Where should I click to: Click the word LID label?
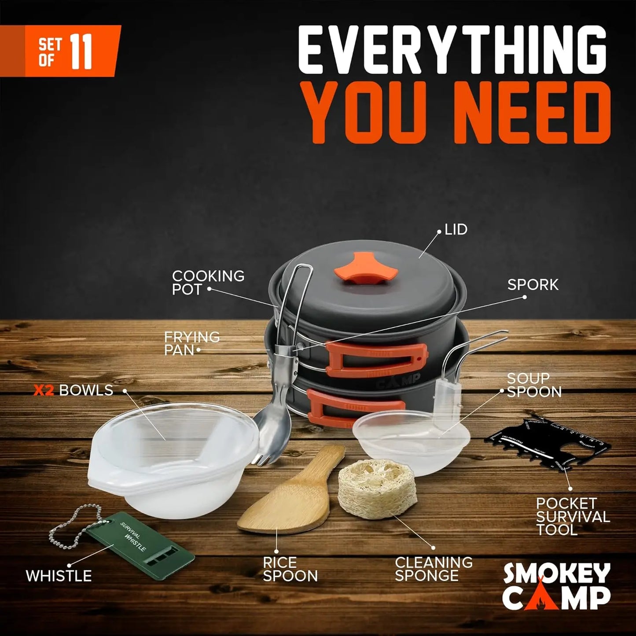456,229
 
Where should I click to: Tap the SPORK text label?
533,285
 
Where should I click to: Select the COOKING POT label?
208,283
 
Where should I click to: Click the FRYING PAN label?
192,343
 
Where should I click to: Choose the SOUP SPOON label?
534,385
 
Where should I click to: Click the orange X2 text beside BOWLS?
44,390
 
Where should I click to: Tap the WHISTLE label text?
59,576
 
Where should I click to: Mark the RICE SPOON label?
290,569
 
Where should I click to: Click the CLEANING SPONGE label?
434,569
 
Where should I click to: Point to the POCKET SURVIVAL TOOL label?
573,516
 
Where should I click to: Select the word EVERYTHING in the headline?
453,51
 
